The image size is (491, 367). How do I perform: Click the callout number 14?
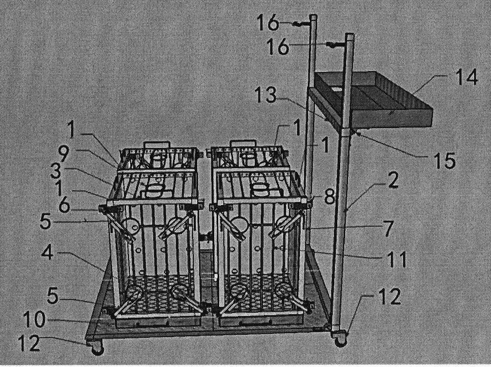click(x=466, y=77)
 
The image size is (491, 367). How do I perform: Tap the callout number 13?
click(x=266, y=95)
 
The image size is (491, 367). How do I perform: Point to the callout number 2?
click(x=392, y=181)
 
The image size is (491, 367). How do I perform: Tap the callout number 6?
click(x=64, y=206)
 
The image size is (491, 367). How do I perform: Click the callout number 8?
click(x=329, y=196)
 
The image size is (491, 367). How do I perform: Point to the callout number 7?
click(x=388, y=229)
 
